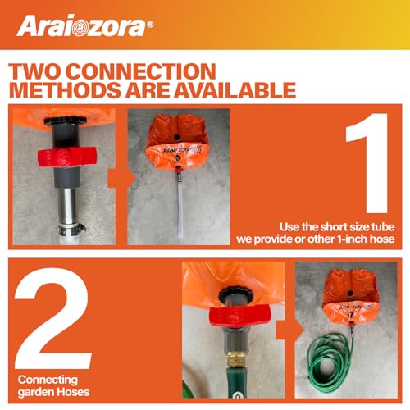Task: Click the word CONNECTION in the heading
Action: point(141,71)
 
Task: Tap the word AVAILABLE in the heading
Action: point(235,90)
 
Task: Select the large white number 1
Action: point(367,163)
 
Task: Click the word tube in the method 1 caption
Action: point(383,227)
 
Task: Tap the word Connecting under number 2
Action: point(48,380)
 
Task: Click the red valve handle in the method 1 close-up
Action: point(67,157)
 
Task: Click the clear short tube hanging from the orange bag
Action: point(180,207)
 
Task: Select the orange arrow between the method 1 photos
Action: point(121,178)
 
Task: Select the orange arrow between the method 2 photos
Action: point(289,330)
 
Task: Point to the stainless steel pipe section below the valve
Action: point(66,204)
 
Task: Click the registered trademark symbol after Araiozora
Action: point(150,25)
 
